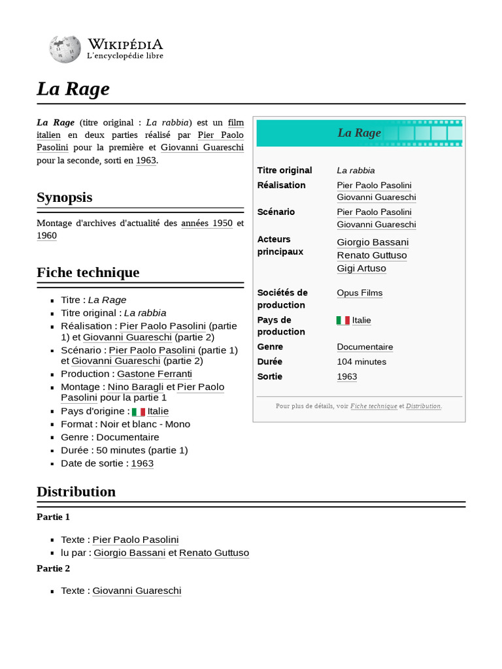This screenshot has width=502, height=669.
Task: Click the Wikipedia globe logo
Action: click(64, 49)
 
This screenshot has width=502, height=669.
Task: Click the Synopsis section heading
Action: click(64, 197)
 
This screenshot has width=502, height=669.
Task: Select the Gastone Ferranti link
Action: click(154, 374)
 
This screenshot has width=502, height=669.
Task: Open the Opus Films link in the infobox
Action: click(360, 293)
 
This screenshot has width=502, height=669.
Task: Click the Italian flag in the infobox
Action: click(343, 320)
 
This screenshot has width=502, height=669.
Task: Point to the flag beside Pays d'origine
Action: click(138, 412)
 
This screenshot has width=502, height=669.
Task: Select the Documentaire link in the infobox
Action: click(365, 347)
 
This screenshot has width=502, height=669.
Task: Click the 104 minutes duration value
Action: click(361, 361)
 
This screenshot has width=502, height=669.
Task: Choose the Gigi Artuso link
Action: click(361, 269)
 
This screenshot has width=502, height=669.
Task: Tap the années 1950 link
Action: click(207, 223)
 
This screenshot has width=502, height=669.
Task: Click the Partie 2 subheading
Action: click(53, 568)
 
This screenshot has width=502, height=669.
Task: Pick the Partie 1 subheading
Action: click(53, 517)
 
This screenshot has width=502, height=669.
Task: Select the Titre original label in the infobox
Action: click(284, 170)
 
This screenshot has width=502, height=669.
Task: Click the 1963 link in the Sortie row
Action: click(347, 376)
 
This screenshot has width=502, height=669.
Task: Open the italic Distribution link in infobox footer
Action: click(424, 406)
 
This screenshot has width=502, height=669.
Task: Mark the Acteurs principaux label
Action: click(280, 245)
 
